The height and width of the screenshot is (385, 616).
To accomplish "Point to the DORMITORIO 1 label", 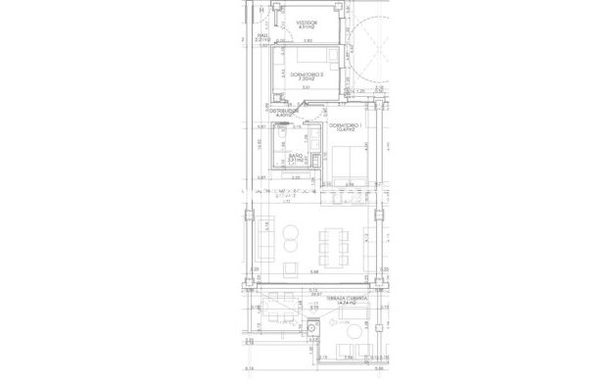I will [x=345, y=125].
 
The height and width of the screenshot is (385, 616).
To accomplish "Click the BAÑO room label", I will [x=294, y=155].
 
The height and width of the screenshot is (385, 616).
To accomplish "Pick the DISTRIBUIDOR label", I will [x=282, y=112].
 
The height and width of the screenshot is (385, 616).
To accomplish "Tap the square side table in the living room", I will [x=291, y=267].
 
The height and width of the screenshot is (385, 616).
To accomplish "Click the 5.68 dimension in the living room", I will [x=314, y=271].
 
